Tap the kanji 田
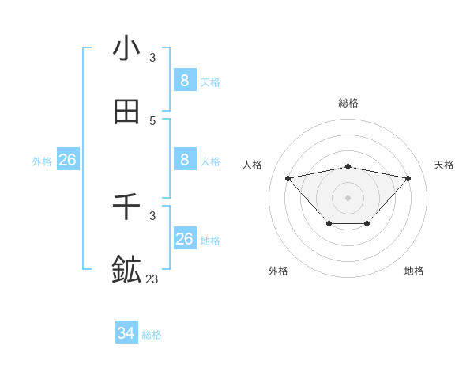click(126, 112)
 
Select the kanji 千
click(126, 207)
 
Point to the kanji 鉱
click(126, 270)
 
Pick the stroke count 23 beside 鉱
click(152, 279)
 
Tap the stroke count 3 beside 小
click(152, 57)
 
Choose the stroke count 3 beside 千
click(152, 215)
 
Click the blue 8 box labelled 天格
click(185, 80)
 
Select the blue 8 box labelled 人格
click(185, 159)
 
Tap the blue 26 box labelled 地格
click(185, 238)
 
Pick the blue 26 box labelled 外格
click(67, 160)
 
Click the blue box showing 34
click(126, 333)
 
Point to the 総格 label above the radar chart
click(348, 103)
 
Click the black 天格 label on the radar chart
click(444, 165)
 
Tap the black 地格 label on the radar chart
click(414, 271)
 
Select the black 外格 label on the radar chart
click(278, 271)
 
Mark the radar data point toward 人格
click(288, 177)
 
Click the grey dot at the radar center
click(348, 196)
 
